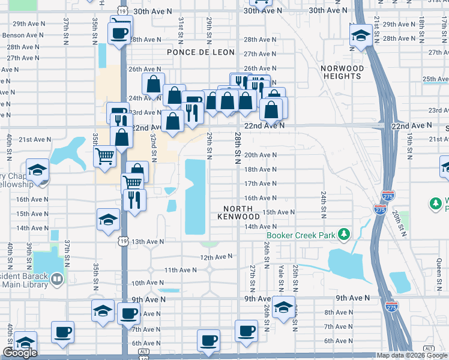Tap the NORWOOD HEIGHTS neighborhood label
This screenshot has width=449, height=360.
pyautogui.click(x=342, y=72)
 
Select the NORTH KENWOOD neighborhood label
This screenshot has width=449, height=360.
pyautogui.click(x=238, y=212)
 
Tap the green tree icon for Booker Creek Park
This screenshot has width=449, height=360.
pyautogui.click(x=344, y=234)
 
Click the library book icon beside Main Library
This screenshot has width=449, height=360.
pyautogui.click(x=56, y=278)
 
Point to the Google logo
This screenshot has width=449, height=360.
pyautogui.click(x=20, y=353)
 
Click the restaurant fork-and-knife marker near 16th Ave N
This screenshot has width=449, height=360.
pyautogui.click(x=134, y=199)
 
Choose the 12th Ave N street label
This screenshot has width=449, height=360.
pyautogui.click(x=216, y=257)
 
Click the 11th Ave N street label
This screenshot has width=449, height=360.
pyautogui.click(x=180, y=271)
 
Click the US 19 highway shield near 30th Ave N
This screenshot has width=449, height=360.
pyautogui.click(x=122, y=11)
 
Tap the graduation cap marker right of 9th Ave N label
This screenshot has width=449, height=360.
pyautogui.click(x=283, y=308)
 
